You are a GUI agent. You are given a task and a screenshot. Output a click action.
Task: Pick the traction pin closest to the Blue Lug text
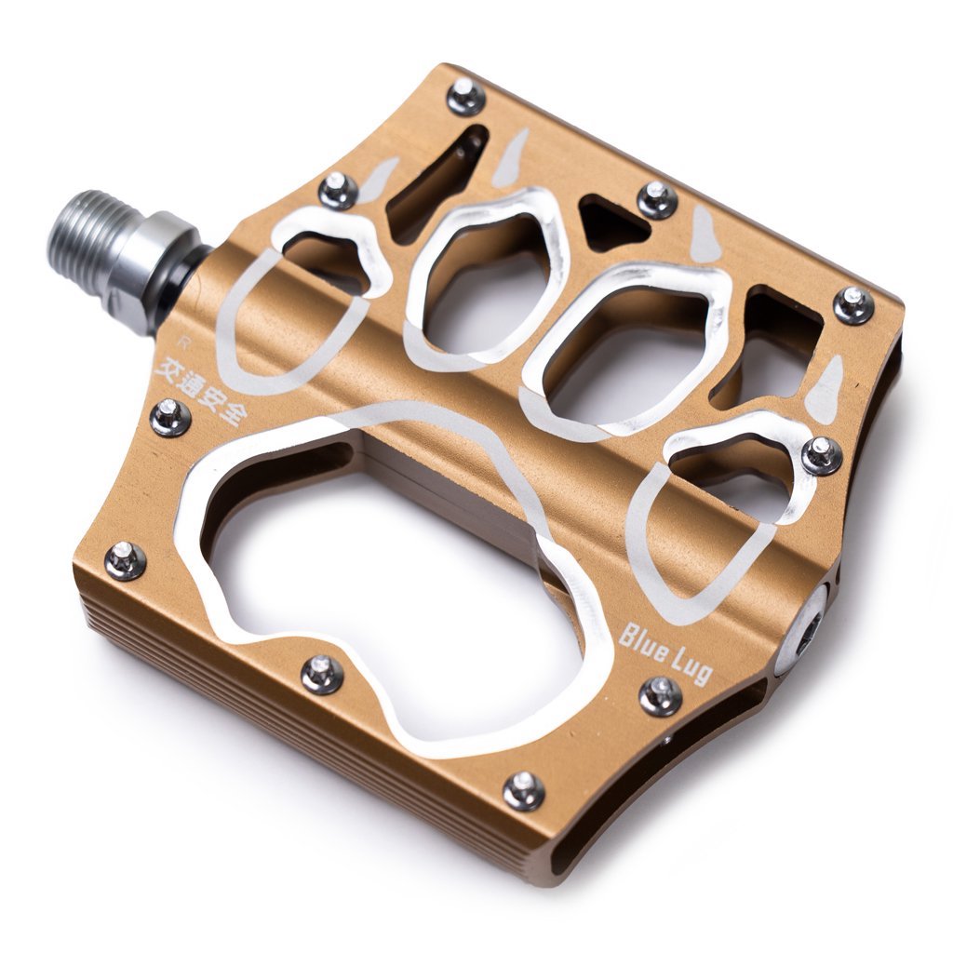pyautogui.click(x=661, y=694)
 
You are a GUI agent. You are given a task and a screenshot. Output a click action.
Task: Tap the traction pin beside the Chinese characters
pyautogui.click(x=170, y=417)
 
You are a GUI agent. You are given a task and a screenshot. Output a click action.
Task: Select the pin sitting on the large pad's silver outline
pyautogui.click(x=322, y=674)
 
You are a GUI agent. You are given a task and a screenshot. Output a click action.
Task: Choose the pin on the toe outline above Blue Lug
pyautogui.click(x=822, y=454)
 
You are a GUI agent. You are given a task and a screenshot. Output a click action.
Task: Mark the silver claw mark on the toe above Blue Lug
pyautogui.click(x=824, y=389)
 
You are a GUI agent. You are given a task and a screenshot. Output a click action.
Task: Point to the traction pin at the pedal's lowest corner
pyautogui.click(x=524, y=790)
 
